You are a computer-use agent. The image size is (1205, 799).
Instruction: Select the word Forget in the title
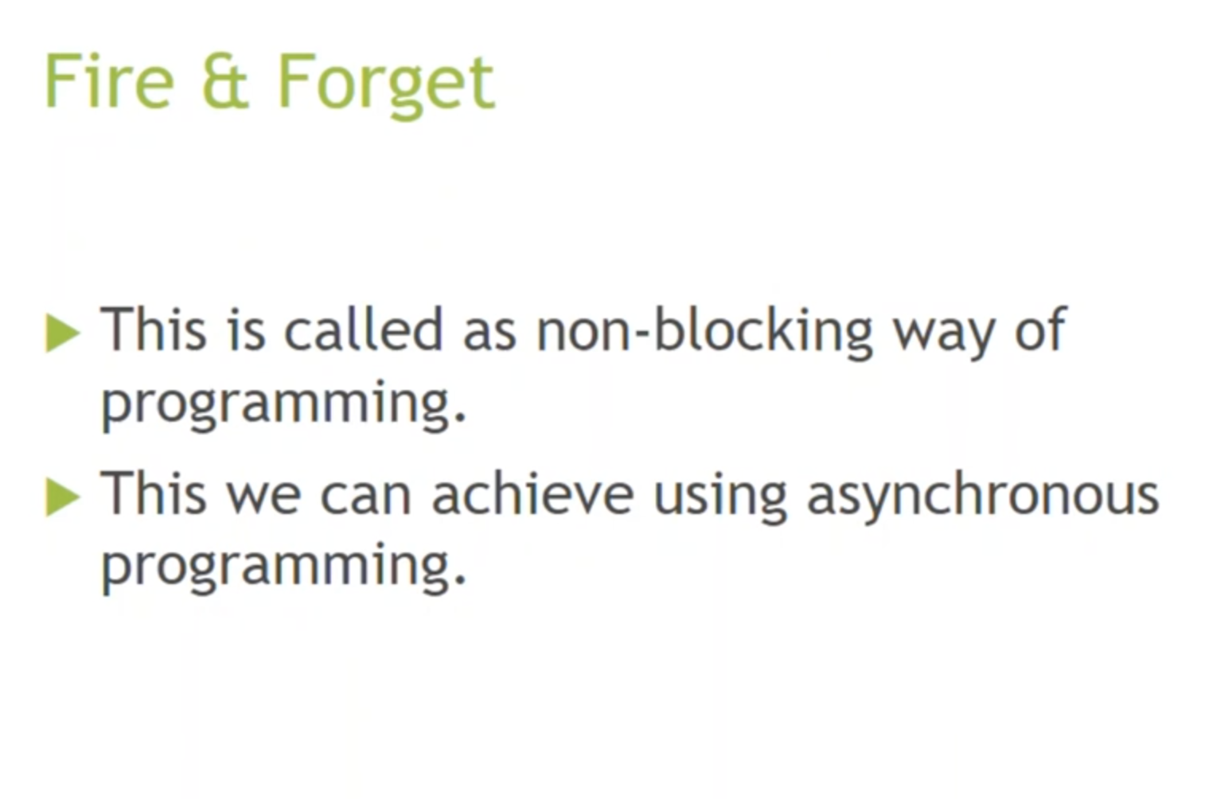coord(386,86)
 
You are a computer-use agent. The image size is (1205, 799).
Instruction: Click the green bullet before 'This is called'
coord(63,333)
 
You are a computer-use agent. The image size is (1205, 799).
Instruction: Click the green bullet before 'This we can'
coord(63,497)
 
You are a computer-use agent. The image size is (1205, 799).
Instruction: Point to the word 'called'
coord(363,329)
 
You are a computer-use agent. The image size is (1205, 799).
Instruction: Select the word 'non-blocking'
coord(704,333)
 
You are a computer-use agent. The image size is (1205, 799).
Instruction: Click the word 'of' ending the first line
coord(1040,329)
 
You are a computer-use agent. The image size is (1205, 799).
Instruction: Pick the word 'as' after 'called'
coord(489,336)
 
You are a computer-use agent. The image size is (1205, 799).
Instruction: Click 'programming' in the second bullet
coord(283,568)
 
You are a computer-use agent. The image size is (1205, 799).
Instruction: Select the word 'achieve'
coord(533,493)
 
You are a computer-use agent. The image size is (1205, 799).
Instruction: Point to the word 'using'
coord(720,498)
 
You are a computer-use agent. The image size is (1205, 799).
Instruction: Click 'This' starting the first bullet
coord(154,329)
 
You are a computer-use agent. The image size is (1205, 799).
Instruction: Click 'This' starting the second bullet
coord(154,493)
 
